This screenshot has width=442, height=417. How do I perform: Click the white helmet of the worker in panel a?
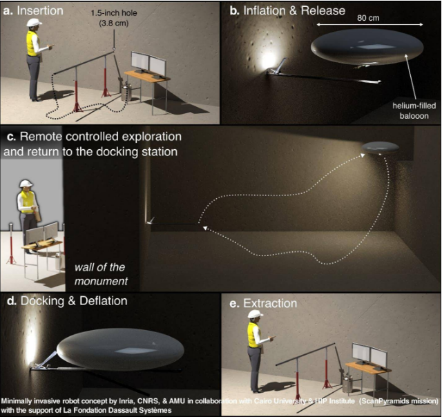(x=34, y=22)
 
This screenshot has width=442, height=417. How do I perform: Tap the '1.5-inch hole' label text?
(x=114, y=13)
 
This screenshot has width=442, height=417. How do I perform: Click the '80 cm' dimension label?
(x=368, y=18)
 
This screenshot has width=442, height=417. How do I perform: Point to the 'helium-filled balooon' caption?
(x=414, y=110)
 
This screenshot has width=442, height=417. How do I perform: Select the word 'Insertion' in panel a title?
(x=40, y=11)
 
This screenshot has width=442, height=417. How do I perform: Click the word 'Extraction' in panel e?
(x=270, y=304)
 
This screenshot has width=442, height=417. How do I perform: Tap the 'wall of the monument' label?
(x=101, y=274)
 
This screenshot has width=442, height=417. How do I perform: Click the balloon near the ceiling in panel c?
(x=380, y=148)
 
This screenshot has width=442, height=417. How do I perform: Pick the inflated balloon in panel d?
(x=120, y=349)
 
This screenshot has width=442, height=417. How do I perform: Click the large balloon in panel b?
(x=367, y=47)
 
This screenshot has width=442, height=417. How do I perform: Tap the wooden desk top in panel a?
(x=147, y=76)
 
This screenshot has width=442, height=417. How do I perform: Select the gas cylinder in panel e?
(x=347, y=382)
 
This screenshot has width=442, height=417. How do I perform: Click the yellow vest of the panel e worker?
(x=254, y=335)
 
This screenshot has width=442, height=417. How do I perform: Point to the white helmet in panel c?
(x=26, y=184)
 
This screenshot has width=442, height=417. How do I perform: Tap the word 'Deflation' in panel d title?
(x=104, y=301)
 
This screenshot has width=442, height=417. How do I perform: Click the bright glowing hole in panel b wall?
(x=268, y=60)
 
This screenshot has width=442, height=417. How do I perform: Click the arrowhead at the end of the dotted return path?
(x=206, y=228)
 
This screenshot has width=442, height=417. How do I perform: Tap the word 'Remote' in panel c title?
(x=41, y=137)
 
